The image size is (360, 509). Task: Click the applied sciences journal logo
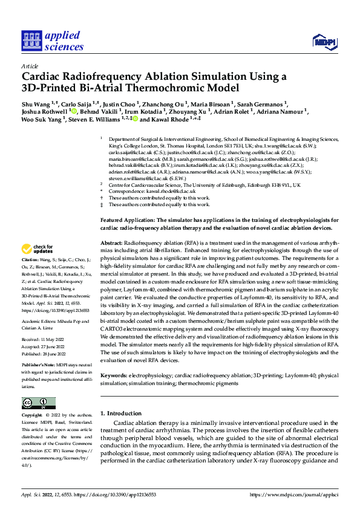click(53, 40)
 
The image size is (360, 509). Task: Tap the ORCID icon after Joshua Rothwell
click(74, 111)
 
